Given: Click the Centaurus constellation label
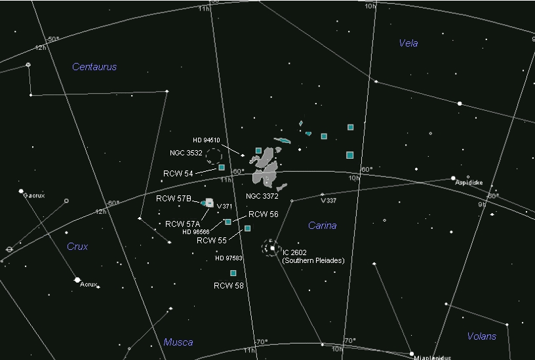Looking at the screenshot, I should pos(94,67).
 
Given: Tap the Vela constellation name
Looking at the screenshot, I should pos(408,43).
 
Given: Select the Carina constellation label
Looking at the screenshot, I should pos(322,226).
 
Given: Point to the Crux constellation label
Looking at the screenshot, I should pos(77,247).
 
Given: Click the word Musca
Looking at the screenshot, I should pos(178,342).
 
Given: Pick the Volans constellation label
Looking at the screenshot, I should pos(481,336).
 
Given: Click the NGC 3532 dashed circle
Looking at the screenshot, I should pos(214,156).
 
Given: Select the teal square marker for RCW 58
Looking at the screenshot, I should pos(233,273).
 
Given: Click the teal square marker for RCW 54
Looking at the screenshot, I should pos(222,168).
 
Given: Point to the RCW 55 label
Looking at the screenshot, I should pos(212,241).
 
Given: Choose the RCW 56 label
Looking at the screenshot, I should pos(264,214).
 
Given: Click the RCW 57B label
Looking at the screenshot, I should pos(174,198).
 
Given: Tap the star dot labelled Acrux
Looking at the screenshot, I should pos(77,279).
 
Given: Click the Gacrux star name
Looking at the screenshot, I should pos(33,195).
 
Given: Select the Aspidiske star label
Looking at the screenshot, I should pos(469,183).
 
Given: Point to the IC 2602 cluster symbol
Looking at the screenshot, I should pos(270,247).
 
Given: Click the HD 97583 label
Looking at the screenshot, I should pos(228,258).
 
